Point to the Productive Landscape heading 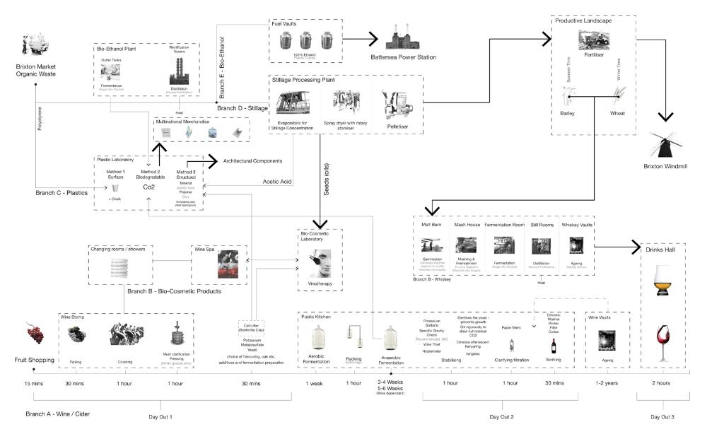pos(583,20)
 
